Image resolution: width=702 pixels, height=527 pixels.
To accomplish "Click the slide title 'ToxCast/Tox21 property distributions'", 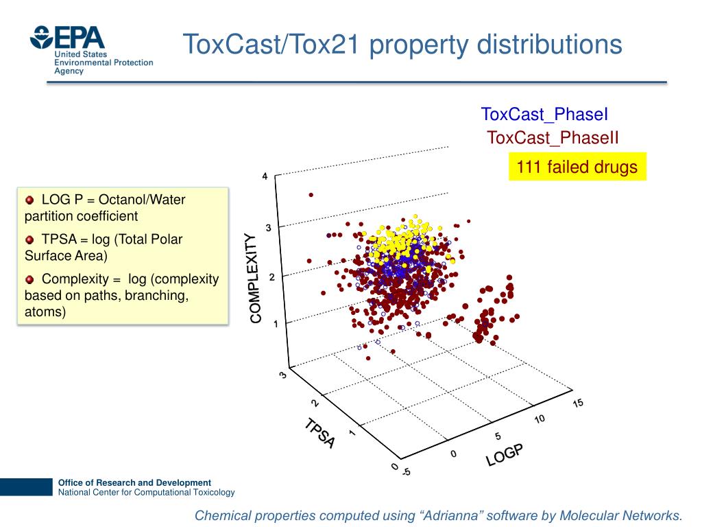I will tap(402, 45).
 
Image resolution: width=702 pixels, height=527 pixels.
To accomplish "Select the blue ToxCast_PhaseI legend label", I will tap(544, 115).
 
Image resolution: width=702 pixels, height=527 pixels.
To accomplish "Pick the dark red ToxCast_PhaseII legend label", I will tap(553, 138).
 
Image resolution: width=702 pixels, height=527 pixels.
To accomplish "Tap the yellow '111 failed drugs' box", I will tap(577, 167).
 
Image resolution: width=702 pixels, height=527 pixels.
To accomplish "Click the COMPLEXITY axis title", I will tap(255, 278).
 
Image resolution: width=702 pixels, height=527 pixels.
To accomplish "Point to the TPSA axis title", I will tap(319, 434).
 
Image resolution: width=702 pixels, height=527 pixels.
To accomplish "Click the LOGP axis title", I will tap(505, 454).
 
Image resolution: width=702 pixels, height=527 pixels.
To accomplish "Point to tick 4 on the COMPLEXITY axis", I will tap(265, 177).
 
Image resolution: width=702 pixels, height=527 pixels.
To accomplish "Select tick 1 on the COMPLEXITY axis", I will tap(276, 324).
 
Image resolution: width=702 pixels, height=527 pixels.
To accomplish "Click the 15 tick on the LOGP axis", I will tap(578, 403).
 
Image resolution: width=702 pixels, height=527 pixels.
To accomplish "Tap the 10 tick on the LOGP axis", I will tap(540, 419).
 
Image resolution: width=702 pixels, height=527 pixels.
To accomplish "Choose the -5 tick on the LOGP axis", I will tap(407, 471).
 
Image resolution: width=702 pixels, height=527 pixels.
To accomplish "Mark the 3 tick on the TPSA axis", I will tap(282, 375).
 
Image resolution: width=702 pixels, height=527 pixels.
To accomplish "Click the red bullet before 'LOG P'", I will tap(29, 200).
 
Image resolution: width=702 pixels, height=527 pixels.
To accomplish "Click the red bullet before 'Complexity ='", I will tap(29, 279).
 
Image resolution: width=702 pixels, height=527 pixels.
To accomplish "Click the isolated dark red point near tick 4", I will tap(311, 195).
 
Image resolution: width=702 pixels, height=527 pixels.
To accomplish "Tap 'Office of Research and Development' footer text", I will tap(134, 482).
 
